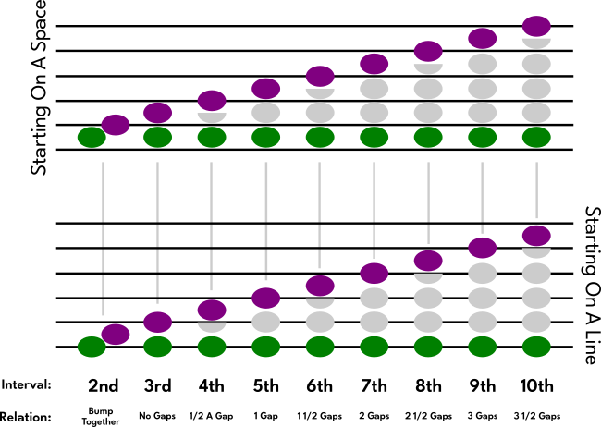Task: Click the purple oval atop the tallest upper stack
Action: coord(536,26)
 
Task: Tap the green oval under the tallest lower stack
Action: coord(536,347)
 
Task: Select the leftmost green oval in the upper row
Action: coord(92,137)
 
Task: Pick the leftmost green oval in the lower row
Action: coord(92,347)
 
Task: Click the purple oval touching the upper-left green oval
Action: coord(116,125)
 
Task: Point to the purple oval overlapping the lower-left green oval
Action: coord(116,334)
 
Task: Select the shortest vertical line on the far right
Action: coord(536,189)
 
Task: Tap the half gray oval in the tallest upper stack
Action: coord(536,42)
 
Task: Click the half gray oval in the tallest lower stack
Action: coord(536,251)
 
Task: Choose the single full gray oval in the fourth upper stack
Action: coord(266,113)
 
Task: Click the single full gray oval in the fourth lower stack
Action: coord(266,322)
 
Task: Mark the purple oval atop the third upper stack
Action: coord(212,100)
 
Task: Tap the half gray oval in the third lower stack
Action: coord(212,325)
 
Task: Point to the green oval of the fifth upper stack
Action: coord(320,137)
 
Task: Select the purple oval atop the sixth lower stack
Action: coord(374,273)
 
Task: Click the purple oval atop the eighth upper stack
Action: coord(482,38)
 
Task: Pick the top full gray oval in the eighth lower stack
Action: coord(482,273)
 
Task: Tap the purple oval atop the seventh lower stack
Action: coord(428,260)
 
